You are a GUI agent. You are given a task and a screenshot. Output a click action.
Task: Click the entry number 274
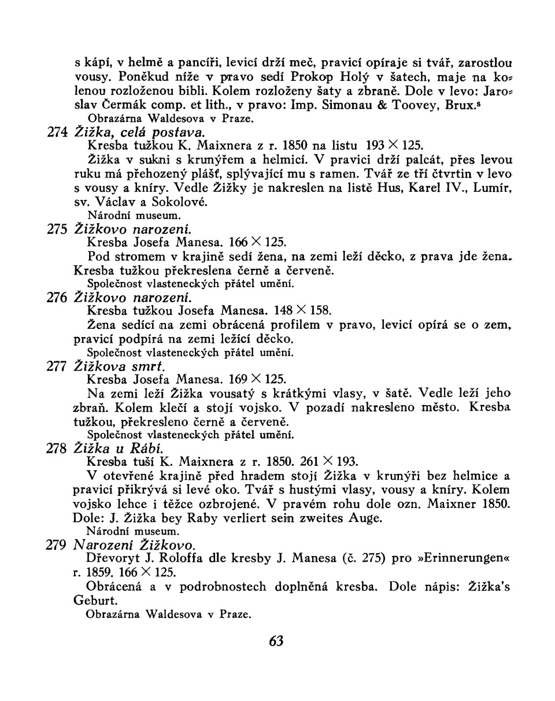(57, 132)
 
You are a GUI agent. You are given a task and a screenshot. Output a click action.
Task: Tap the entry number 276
(57, 298)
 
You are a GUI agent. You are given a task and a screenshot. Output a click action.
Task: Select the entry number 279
(56, 545)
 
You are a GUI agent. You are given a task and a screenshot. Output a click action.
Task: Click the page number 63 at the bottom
(276, 641)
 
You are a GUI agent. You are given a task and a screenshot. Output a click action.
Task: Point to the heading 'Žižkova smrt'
(120, 366)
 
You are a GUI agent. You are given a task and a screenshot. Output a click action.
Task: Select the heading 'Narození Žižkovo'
(135, 545)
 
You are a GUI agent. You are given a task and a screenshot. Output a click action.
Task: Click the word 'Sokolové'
(181, 202)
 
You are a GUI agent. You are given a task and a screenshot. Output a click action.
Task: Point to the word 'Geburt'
(92, 600)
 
